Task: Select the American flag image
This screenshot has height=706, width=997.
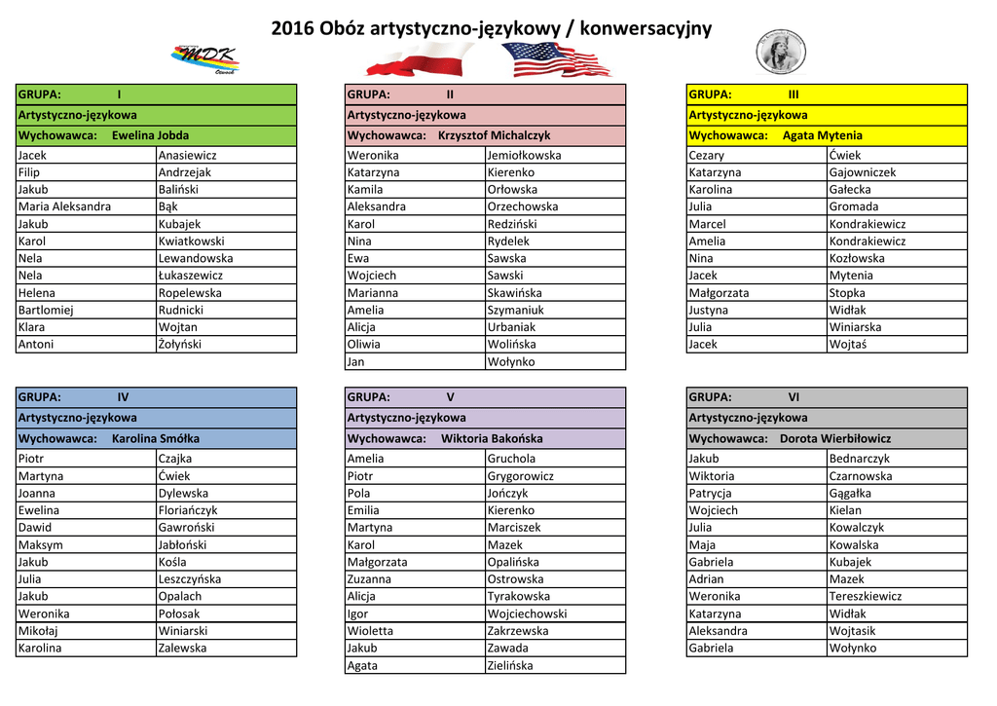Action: click(x=557, y=59)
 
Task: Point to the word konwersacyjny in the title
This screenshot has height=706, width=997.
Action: click(x=645, y=28)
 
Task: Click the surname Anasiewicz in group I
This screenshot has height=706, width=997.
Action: click(x=187, y=155)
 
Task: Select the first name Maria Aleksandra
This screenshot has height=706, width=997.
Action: click(x=64, y=206)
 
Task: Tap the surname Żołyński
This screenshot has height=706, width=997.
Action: click(x=180, y=344)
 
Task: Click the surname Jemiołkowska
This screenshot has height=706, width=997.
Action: click(x=524, y=155)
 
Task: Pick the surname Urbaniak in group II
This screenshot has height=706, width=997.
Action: click(x=511, y=327)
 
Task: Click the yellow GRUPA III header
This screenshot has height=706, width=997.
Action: click(x=827, y=94)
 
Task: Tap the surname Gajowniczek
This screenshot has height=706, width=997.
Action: click(x=863, y=172)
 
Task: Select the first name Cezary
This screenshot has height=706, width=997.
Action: click(x=707, y=155)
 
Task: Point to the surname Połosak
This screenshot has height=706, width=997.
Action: click(x=179, y=613)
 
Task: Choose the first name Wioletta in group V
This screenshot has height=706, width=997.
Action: click(x=371, y=631)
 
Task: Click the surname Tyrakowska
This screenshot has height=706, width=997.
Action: click(x=518, y=596)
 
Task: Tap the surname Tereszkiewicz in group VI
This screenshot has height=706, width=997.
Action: click(x=865, y=596)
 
